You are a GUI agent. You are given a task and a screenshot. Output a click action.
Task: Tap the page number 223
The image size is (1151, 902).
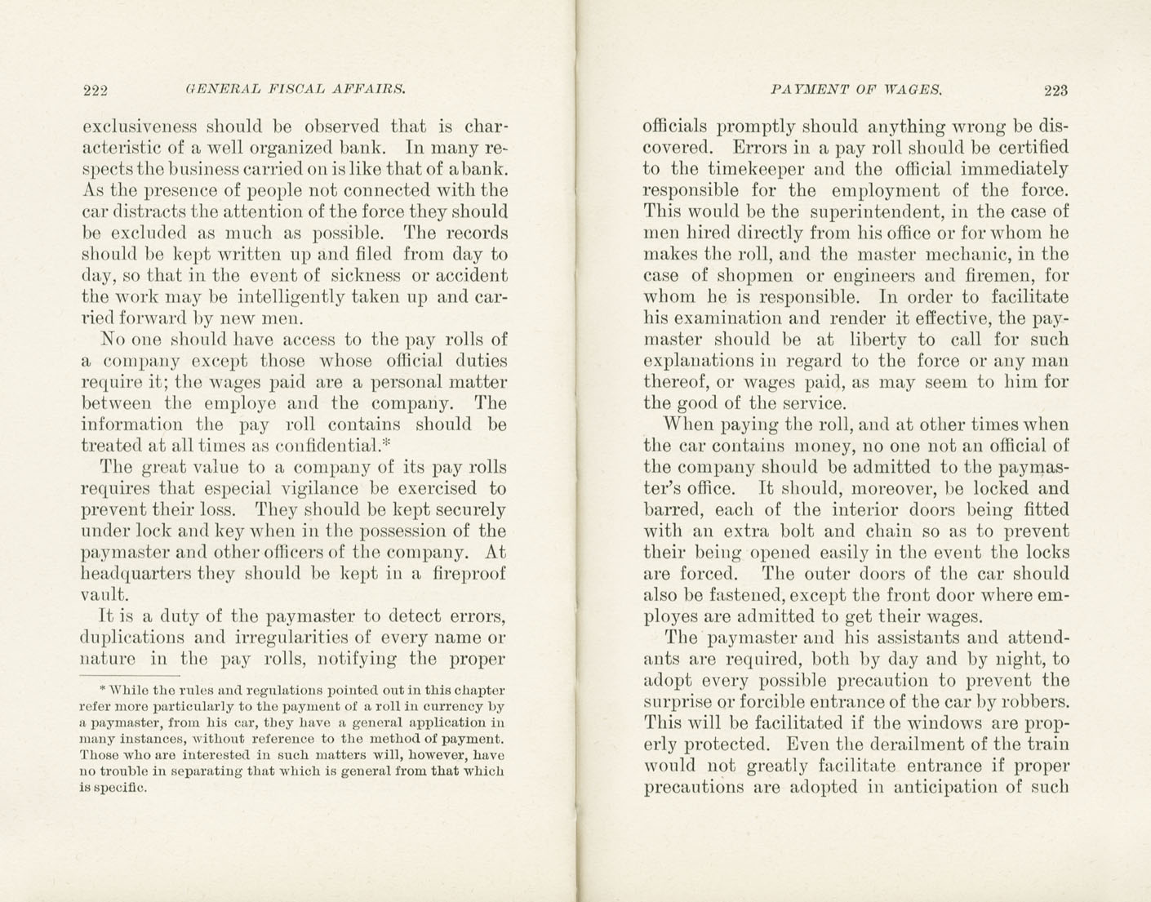point(1055,90)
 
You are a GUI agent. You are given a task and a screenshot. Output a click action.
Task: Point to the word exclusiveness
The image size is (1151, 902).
point(139,127)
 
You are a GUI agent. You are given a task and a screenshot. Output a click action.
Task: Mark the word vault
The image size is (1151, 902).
point(104,595)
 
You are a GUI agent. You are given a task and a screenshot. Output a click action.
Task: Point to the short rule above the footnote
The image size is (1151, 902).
point(131,676)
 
